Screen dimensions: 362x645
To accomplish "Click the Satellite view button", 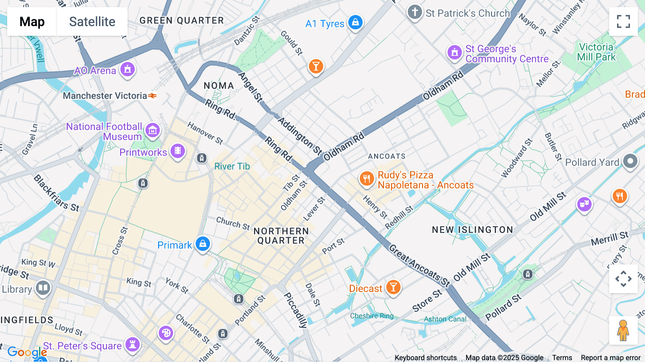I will pyautogui.click(x=92, y=22).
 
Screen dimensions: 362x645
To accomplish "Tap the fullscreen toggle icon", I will pyautogui.click(x=623, y=22).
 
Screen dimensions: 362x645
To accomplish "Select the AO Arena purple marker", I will pyautogui.click(x=128, y=69).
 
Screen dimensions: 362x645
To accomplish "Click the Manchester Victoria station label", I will pyautogui.click(x=105, y=96).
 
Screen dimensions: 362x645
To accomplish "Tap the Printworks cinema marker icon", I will pyautogui.click(x=178, y=151).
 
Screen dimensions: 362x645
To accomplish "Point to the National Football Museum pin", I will pyautogui.click(x=153, y=130).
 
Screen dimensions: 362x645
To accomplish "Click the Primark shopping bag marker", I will pyautogui.click(x=203, y=244).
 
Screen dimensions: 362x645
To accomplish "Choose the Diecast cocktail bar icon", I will pyautogui.click(x=393, y=287).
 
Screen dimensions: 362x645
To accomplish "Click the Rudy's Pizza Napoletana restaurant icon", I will pyautogui.click(x=366, y=178).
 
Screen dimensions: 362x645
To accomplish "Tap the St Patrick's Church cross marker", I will pyautogui.click(x=415, y=12).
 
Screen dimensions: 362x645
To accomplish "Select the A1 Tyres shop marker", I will pyautogui.click(x=355, y=22).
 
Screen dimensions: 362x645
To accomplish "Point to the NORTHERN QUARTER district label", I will pyautogui.click(x=281, y=236).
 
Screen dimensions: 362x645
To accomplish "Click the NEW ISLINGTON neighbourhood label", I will pyautogui.click(x=472, y=230).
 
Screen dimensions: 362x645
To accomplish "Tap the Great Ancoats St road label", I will pyautogui.click(x=419, y=266).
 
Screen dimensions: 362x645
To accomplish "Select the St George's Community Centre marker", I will pyautogui.click(x=455, y=52).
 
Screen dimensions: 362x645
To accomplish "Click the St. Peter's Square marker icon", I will pyautogui.click(x=133, y=344).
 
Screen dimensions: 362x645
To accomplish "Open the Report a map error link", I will pyautogui.click(x=611, y=358).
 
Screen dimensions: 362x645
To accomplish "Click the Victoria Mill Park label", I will pyautogui.click(x=596, y=52).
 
